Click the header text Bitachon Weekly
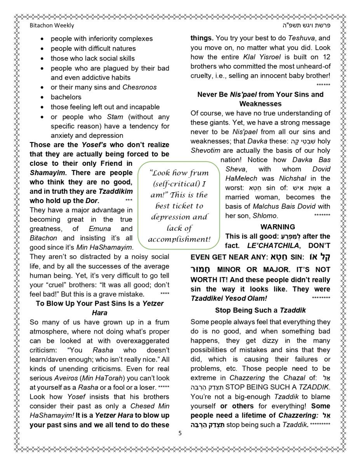pyautogui.click(x=52, y=26)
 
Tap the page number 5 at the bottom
pyautogui.click(x=180, y=433)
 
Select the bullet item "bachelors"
pyautogui.click(x=66, y=97)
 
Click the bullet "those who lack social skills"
pyautogui.click(x=92, y=58)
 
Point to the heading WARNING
pyautogui.click(x=278, y=227)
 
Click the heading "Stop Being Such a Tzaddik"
pyautogui.click(x=260, y=310)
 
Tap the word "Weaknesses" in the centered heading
pyautogui.click(x=260, y=104)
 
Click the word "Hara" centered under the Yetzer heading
pyautogui.click(x=99, y=313)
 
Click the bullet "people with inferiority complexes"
pyautogui.click(x=102, y=39)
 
